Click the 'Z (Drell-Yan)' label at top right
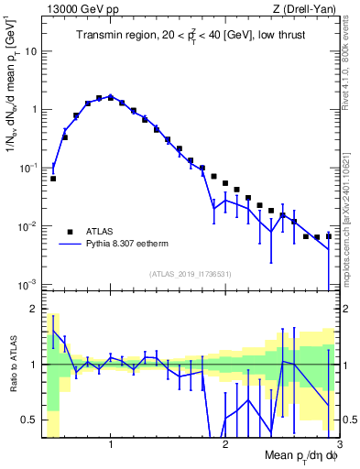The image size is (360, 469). [x=302, y=9]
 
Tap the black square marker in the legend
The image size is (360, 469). [x=70, y=231]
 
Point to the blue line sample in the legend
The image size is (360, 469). [x=70, y=245]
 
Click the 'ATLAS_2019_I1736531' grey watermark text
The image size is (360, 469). [x=190, y=273]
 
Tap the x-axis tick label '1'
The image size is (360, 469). [x=111, y=445]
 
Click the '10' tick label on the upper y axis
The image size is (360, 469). [x=32, y=50]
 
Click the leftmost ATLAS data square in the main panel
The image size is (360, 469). [x=53, y=179]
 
